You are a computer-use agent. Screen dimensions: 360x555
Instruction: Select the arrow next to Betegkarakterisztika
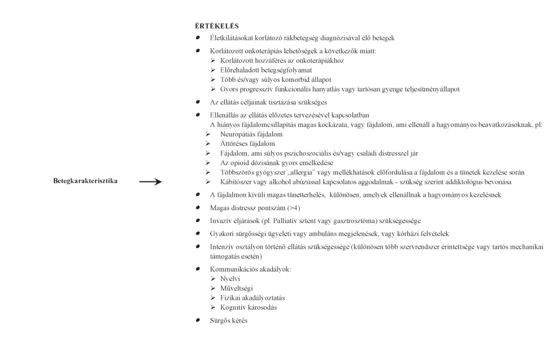(150, 181)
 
